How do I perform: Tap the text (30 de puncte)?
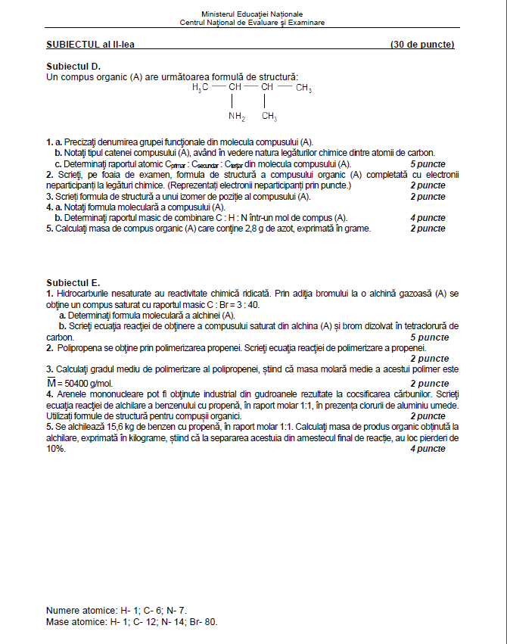tap(422, 45)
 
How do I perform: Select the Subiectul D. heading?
tap(73, 67)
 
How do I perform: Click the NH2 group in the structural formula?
tap(237, 117)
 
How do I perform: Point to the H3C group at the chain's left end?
tap(200, 89)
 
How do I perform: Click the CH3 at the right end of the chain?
tap(303, 89)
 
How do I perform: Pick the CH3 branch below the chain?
tap(269, 117)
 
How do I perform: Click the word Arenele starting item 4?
tap(70, 394)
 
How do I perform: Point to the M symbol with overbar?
tap(51, 383)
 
